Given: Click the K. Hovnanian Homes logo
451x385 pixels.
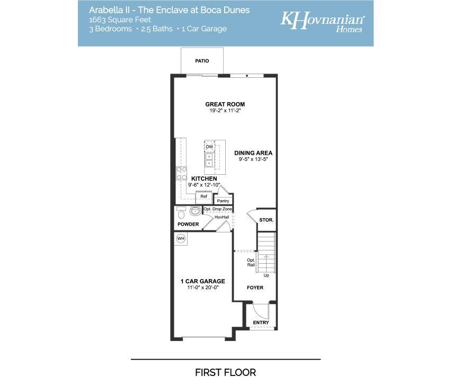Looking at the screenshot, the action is point(322,21).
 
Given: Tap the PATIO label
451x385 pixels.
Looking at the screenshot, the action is point(202,61).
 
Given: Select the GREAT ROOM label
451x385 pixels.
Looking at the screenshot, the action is point(225,104).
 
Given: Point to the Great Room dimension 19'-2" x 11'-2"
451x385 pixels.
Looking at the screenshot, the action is point(225,111).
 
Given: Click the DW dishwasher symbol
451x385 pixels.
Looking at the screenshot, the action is point(209,147).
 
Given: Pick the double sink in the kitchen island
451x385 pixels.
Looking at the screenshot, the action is point(209,160).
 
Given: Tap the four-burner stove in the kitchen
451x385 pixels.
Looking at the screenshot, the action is point(181,173).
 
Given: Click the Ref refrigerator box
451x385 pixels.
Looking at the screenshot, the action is point(204,196).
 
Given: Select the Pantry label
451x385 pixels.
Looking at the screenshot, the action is point(223,201).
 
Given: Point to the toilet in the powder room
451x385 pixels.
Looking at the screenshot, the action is point(181,213).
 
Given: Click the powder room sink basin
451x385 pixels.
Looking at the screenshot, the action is point(196,211).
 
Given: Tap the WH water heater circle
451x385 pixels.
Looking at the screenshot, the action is point(181,238).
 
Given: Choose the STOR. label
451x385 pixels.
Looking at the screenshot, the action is point(267,220).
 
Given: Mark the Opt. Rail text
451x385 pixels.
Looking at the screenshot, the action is point(251,263).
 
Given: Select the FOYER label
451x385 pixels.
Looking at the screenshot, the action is point(255,288).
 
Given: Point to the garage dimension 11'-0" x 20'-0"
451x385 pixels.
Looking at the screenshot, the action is point(203,288).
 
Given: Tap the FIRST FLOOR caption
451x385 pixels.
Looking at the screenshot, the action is point(226,373).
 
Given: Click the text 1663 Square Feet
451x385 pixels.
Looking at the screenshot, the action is point(120,20).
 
